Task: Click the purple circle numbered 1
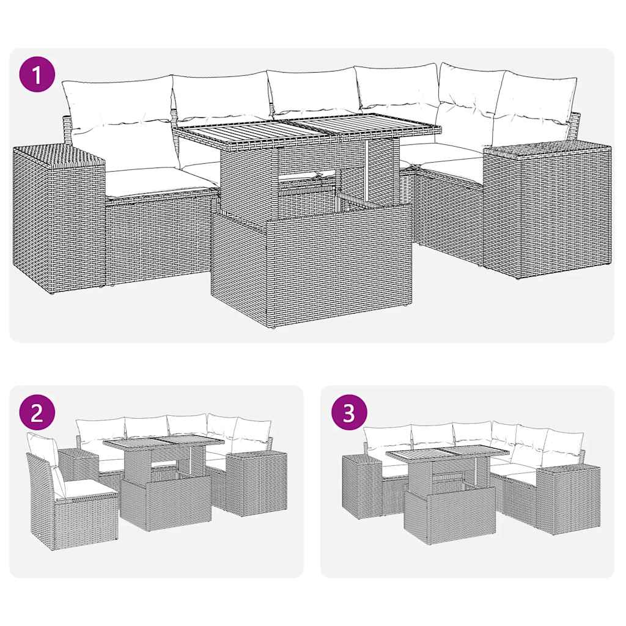click(x=37, y=75)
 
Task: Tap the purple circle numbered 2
click(x=37, y=413)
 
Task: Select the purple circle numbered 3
click(x=348, y=413)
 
